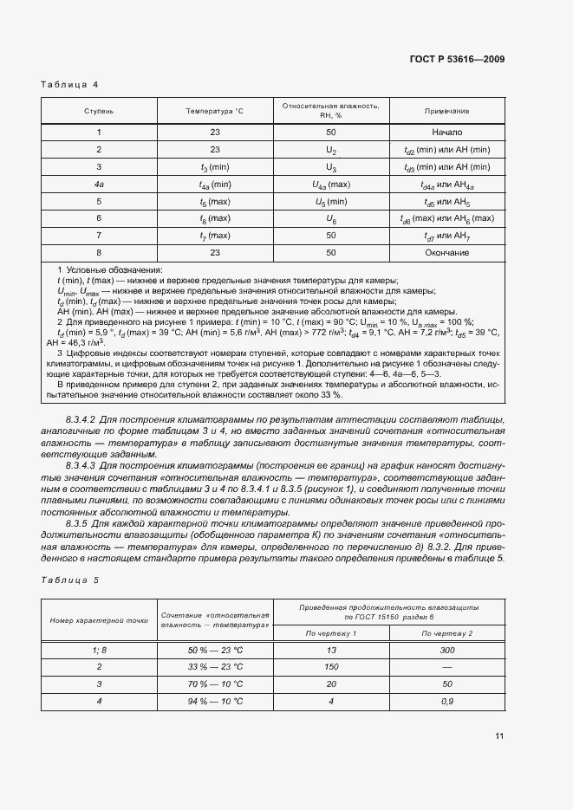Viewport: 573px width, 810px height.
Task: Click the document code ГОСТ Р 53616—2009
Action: [456, 60]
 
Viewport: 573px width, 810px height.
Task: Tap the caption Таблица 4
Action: [70, 85]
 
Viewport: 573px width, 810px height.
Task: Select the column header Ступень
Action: [99, 112]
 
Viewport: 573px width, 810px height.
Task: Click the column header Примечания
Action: [446, 112]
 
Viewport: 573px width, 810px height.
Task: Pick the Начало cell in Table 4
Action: [446, 133]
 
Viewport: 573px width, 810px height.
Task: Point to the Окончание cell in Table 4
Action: [446, 253]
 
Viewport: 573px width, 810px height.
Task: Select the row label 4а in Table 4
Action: [99, 185]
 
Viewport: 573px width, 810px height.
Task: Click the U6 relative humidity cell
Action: [330, 218]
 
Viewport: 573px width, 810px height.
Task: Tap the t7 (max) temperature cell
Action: [215, 236]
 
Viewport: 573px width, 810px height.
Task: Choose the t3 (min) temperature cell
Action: [215, 167]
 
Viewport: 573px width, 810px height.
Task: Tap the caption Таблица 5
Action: [70, 580]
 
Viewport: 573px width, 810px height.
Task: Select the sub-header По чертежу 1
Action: [331, 634]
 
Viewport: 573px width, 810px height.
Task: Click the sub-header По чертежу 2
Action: [446, 634]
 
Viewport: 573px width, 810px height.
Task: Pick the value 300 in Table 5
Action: [446, 650]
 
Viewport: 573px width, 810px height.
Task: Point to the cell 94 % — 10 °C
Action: [215, 701]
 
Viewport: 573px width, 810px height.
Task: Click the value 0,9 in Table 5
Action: [446, 701]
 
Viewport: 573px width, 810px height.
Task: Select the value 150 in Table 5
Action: [331, 666]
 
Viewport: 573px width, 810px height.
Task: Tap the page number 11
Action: [499, 735]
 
